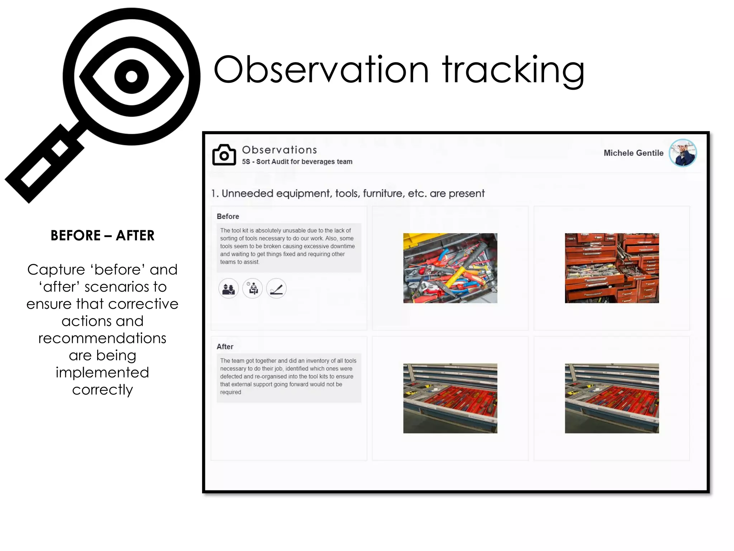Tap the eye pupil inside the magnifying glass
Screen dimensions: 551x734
(131, 76)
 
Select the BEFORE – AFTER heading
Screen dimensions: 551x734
(103, 236)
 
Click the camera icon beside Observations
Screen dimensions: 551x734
(224, 155)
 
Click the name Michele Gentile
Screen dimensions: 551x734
(633, 153)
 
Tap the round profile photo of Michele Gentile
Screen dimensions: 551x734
(683, 153)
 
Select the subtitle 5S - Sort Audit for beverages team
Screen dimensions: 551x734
(297, 162)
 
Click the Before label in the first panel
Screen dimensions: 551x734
(228, 216)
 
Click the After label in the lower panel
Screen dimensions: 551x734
(225, 347)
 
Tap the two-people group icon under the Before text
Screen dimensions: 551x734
(228, 288)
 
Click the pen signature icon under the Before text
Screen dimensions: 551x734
(276, 288)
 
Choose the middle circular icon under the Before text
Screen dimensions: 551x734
(252, 288)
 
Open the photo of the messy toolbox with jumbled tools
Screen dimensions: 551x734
(450, 268)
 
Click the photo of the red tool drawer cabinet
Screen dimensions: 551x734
(612, 268)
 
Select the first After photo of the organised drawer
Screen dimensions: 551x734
(450, 398)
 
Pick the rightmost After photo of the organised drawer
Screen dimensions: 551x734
(612, 398)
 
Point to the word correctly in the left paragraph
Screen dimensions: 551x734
(103, 390)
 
